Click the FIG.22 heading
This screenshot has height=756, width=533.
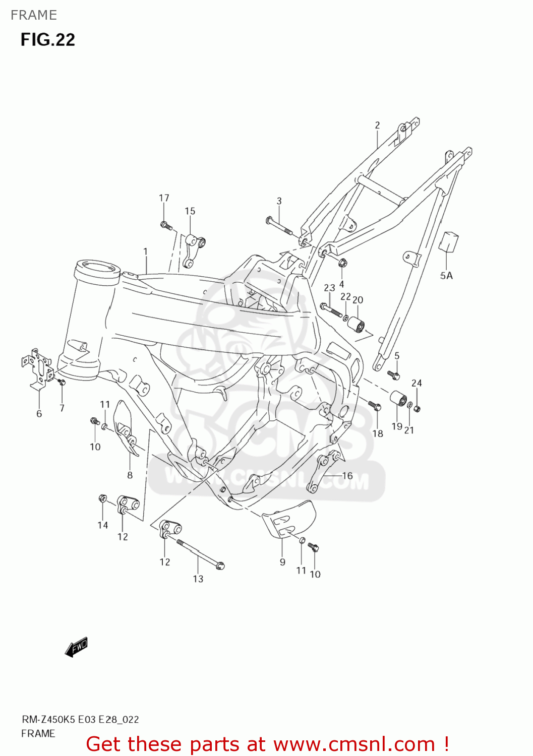[x=48, y=40]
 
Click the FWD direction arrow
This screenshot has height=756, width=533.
[x=77, y=647]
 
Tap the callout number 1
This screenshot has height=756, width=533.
[x=145, y=251]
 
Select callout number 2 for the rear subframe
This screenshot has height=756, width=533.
[x=377, y=125]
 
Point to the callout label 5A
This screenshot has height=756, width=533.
[x=446, y=276]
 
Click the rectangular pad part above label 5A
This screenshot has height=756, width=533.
[x=448, y=241]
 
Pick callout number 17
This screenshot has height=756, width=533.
[x=164, y=198]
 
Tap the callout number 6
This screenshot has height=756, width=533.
[x=39, y=414]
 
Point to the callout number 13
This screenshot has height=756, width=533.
[x=198, y=579]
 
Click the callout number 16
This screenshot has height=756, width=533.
[x=347, y=475]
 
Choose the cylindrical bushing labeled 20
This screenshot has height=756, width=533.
[x=357, y=324]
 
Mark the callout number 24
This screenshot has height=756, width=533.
[x=417, y=383]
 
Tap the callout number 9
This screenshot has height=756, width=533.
[x=282, y=562]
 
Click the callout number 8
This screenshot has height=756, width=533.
[x=130, y=475]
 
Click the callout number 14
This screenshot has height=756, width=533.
[x=103, y=525]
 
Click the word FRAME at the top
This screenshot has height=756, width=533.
[x=34, y=15]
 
